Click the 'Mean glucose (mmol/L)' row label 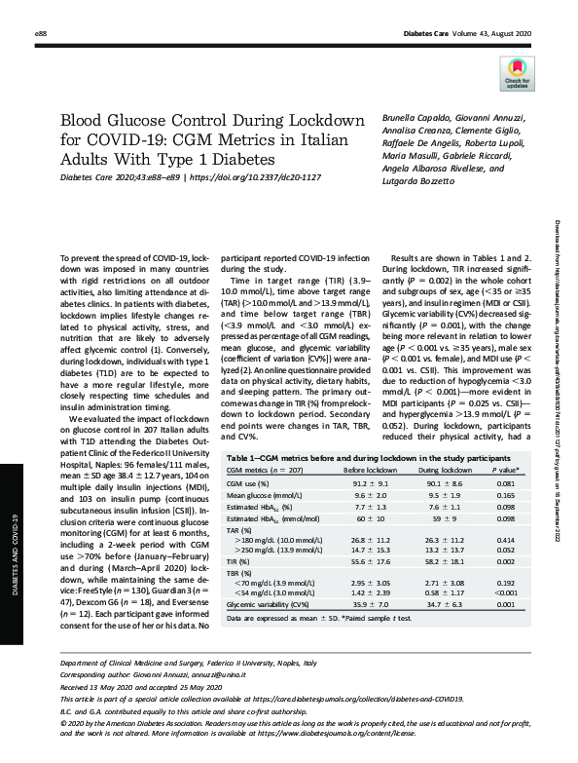(x=263, y=495)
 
